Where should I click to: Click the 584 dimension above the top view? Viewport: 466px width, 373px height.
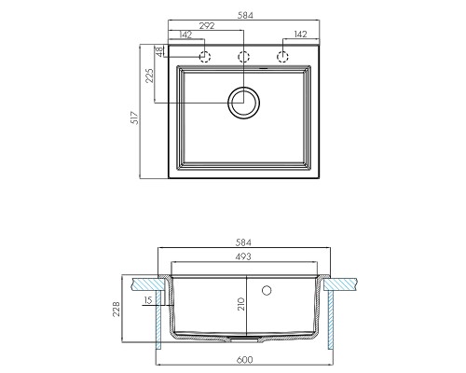click(245, 15)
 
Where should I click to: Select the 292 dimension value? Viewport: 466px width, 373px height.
click(207, 26)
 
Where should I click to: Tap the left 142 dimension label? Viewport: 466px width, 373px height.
click(185, 35)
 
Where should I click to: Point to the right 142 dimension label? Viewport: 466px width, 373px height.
click(300, 35)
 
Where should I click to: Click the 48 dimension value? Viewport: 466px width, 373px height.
click(158, 51)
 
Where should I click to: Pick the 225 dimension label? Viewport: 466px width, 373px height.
click(149, 76)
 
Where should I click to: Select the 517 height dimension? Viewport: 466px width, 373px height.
click(135, 117)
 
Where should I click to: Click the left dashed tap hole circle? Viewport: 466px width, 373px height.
click(205, 57)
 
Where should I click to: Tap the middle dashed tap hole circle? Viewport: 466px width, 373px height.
click(243, 57)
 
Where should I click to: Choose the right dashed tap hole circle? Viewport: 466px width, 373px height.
click(282, 57)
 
